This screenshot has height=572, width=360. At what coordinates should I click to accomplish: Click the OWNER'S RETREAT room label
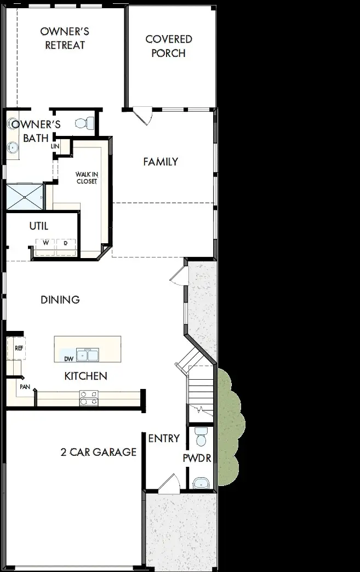pyautogui.click(x=65, y=38)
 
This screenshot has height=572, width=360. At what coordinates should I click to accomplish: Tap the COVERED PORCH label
pyautogui.click(x=169, y=46)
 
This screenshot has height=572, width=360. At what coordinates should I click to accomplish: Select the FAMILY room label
pyautogui.click(x=161, y=162)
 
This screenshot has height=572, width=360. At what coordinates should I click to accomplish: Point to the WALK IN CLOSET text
pyautogui.click(x=87, y=178)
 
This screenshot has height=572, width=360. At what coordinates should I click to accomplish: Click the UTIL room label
pyautogui.click(x=39, y=226)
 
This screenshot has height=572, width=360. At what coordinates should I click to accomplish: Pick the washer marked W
pyautogui.click(x=45, y=247)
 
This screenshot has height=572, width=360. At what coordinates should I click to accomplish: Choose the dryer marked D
pyautogui.click(x=66, y=247)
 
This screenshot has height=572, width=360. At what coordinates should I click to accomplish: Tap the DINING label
pyautogui.click(x=60, y=300)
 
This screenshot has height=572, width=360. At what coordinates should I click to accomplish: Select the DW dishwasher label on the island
pyautogui.click(x=68, y=359)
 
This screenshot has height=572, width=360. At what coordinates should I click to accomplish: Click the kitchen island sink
pyautogui.click(x=88, y=354)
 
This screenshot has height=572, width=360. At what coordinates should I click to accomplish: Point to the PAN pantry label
pyautogui.click(x=25, y=387)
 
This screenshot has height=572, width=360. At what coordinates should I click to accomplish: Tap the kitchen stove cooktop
pyautogui.click(x=89, y=398)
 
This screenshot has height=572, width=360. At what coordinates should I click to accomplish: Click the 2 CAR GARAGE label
pyautogui.click(x=99, y=453)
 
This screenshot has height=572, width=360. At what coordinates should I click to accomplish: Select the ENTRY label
pyautogui.click(x=164, y=438)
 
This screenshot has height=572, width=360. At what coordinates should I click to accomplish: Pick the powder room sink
pyautogui.click(x=201, y=483)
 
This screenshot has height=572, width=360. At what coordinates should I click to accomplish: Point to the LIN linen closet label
pyautogui.click(x=55, y=146)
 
